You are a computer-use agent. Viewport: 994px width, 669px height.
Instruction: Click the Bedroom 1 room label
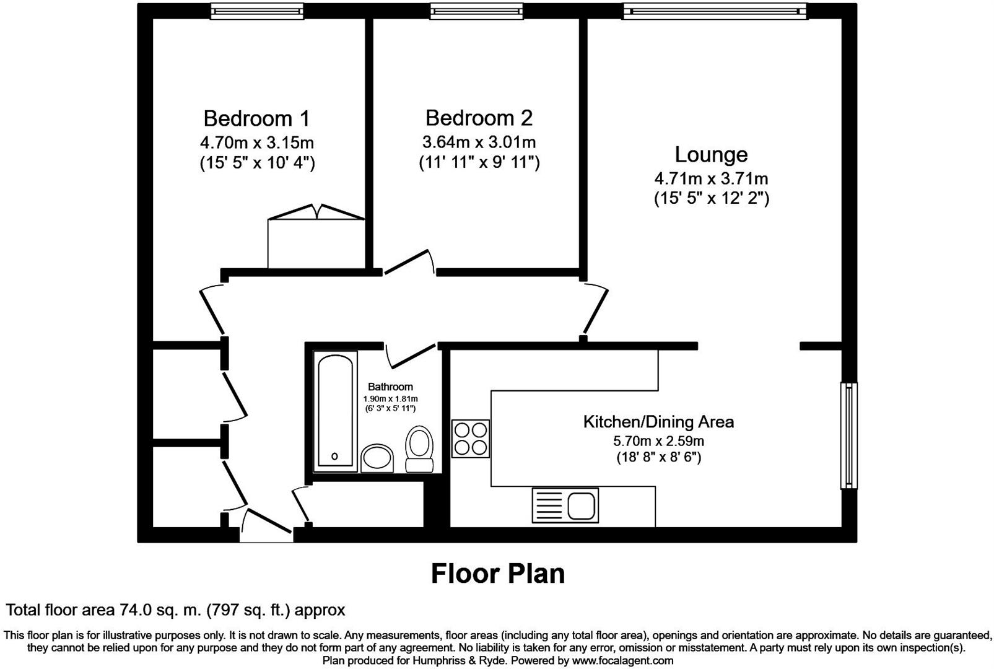pyautogui.click(x=256, y=118)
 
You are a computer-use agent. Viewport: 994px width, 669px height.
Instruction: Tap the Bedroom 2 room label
pyautogui.click(x=479, y=118)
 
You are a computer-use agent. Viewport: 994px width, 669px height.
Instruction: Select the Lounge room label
pyautogui.click(x=711, y=154)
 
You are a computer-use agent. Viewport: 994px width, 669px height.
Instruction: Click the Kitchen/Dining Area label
pyautogui.click(x=658, y=422)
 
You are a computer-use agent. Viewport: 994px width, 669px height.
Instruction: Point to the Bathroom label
pyautogui.click(x=390, y=387)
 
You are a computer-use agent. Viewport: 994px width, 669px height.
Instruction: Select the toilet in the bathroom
pyautogui.click(x=419, y=449)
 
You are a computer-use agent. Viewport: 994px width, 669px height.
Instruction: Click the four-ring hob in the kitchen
pyautogui.click(x=471, y=439)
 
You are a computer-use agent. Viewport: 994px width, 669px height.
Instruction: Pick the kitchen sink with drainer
pyautogui.click(x=565, y=505)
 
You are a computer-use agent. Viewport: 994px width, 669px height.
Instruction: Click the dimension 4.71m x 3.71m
pyautogui.click(x=711, y=179)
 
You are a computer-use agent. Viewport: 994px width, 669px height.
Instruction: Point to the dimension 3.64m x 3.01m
pyautogui.click(x=479, y=142)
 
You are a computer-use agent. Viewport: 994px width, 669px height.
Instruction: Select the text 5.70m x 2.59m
pyautogui.click(x=658, y=442)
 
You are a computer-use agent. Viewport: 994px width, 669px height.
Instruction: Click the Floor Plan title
pyautogui.click(x=497, y=574)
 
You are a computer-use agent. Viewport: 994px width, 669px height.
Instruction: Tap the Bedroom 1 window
pyautogui.click(x=256, y=11)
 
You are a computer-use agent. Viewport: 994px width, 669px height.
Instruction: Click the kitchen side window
pyautogui.click(x=848, y=435)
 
